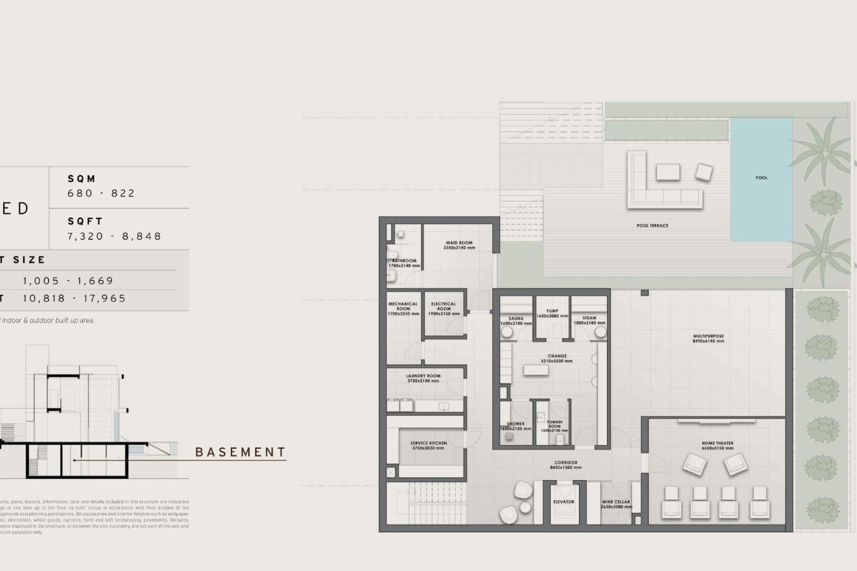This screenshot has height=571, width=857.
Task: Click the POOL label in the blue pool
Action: point(761,178)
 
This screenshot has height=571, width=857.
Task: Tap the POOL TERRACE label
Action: point(652,226)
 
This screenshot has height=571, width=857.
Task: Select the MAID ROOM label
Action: point(459,243)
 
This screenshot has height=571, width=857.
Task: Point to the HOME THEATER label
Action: point(717,443)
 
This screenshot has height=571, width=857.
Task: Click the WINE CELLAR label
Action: point(616,502)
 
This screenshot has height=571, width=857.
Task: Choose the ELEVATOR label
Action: point(563,502)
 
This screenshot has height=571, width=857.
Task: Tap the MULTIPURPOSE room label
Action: point(708,336)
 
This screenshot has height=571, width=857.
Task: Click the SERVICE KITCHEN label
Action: point(428,443)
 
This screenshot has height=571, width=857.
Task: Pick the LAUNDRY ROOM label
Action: point(423,376)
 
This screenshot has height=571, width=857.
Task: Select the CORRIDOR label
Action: point(566,463)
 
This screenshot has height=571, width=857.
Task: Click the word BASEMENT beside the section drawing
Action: point(241,452)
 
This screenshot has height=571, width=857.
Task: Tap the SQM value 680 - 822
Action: point(101,193)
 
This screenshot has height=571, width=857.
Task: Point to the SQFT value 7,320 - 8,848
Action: point(114,236)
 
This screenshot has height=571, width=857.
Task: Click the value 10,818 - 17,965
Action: point(75,298)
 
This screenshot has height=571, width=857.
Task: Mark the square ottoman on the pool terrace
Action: point(704,173)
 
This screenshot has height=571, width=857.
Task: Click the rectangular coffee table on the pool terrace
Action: point(668,172)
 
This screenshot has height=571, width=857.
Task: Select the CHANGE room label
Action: point(557,356)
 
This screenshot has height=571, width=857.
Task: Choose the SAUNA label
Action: point(516,319)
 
